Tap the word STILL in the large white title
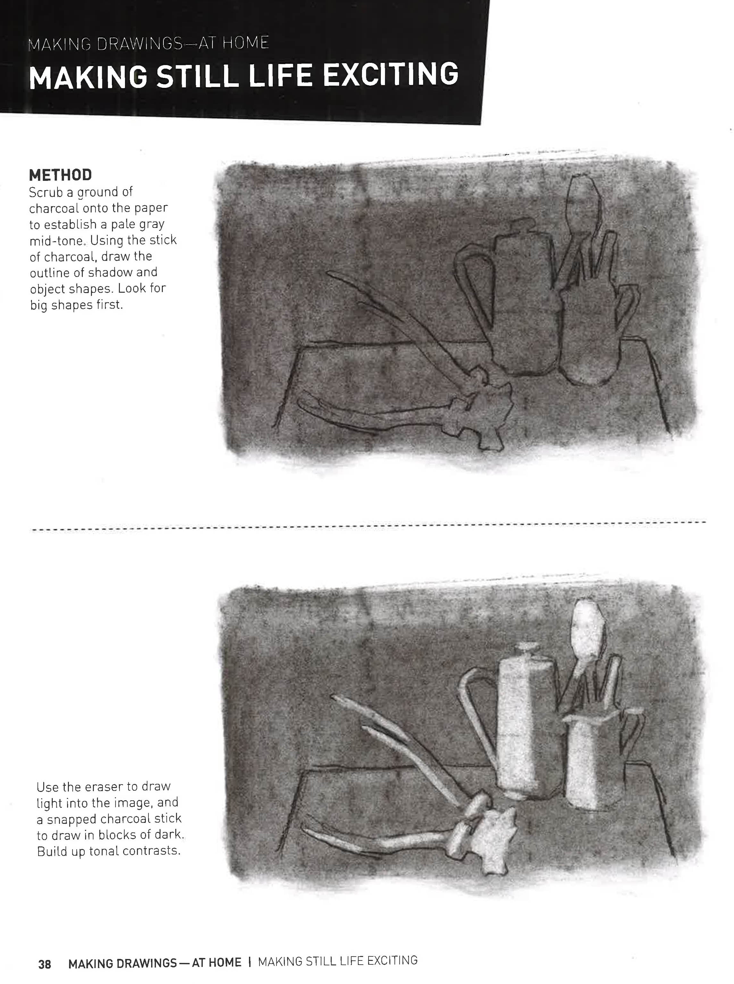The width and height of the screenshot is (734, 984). (198, 76)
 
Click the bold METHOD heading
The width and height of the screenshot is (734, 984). (61, 175)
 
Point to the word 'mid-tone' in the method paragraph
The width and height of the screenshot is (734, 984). (56, 241)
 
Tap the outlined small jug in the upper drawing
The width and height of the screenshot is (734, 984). (591, 338)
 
